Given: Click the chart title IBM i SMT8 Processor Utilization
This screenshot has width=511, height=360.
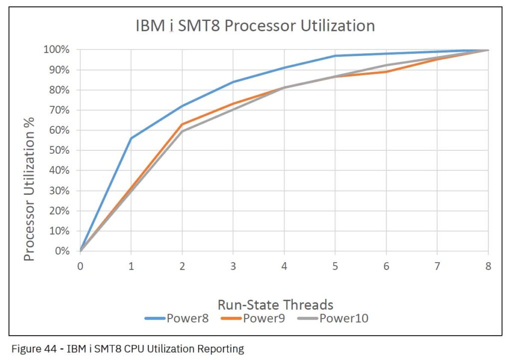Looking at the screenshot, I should [x=255, y=25].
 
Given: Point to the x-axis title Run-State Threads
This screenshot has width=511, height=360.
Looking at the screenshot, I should [x=275, y=304].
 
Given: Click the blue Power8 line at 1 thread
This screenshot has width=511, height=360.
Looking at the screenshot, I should [x=131, y=138].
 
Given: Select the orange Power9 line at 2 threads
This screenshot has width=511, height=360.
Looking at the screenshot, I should [x=182, y=124].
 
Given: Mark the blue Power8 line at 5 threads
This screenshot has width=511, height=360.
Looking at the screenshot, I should [x=335, y=56].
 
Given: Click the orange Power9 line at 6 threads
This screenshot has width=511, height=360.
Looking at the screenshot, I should [x=386, y=72].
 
